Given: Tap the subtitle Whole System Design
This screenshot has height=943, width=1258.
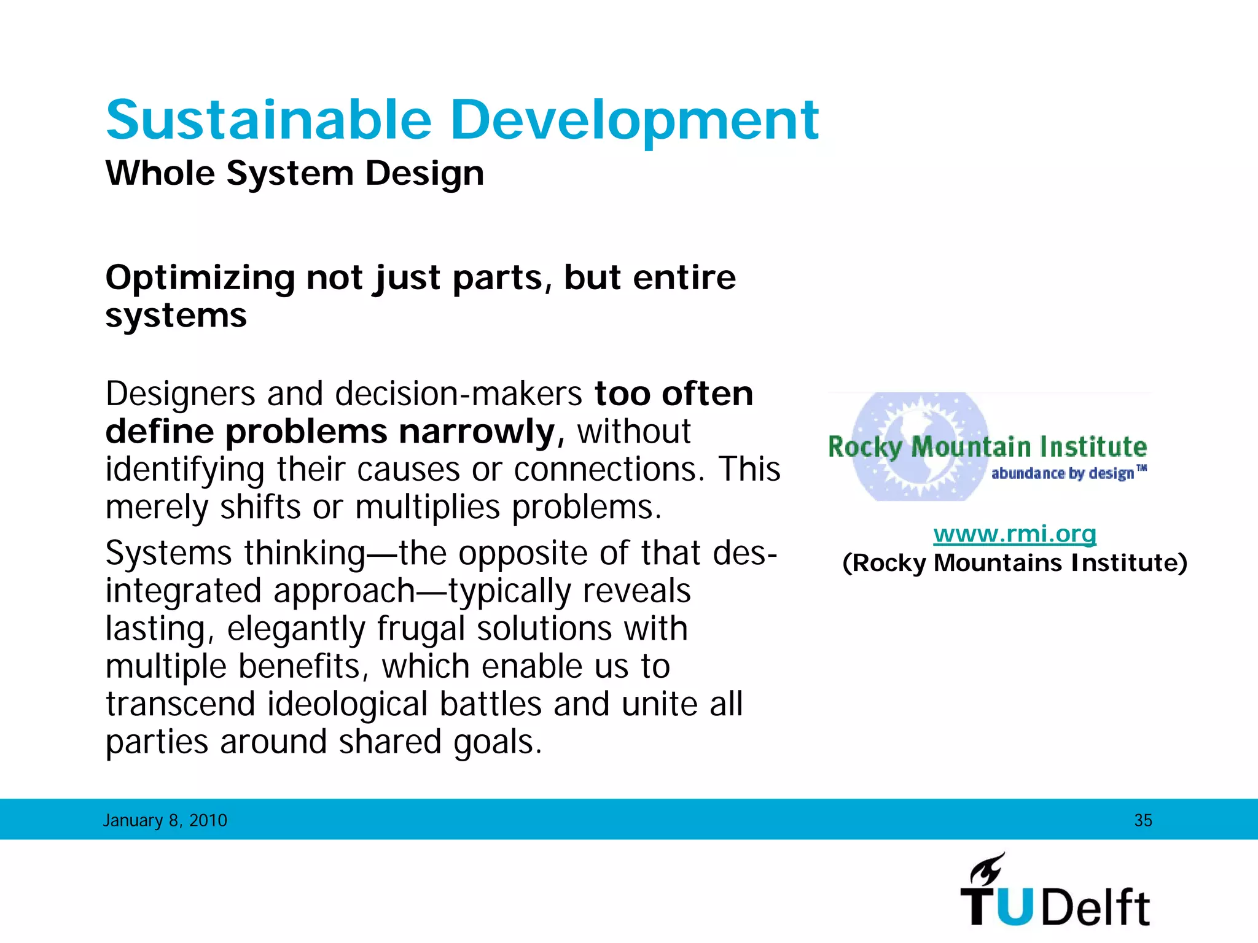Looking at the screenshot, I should pos(295,173).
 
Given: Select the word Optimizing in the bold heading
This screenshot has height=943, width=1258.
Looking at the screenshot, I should pos(200,278).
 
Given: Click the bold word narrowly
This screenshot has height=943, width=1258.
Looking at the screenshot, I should pos(477,432).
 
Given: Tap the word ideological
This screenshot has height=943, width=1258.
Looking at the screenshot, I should pos(347,704).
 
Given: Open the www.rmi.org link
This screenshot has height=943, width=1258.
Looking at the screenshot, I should pos(1015,534).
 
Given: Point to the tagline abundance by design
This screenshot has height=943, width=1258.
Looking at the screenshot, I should pos(1063,473).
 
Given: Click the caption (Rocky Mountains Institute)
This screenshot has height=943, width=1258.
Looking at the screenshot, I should pos(1015,563).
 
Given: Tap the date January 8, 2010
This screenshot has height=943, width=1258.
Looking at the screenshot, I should pos(165,820).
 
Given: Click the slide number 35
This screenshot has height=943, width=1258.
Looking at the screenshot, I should pos(1143,820).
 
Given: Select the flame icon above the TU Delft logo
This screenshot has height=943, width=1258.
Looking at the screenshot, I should pos(986,869).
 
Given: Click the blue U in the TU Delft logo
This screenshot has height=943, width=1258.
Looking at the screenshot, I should pos(1018,907).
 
